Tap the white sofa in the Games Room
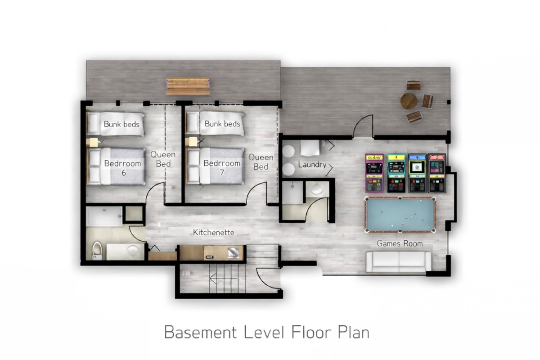click(399, 262)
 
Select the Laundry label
click(312, 165)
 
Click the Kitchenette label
click(214, 232)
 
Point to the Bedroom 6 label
click(122, 168)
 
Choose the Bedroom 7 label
click(222, 168)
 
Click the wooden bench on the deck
click(188, 86)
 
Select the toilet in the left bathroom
click(97, 251)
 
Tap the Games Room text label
click(400, 243)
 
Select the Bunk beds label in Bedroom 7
click(222, 124)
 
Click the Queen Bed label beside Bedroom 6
click(163, 159)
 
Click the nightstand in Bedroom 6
click(92, 142)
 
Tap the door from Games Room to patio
click(363, 126)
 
